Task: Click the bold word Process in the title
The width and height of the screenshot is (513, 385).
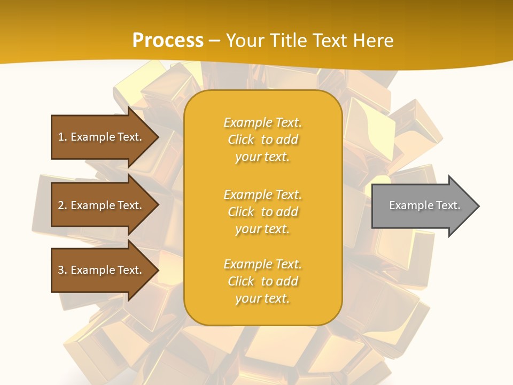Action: coord(168,41)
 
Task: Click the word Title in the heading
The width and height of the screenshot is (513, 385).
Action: coord(289,41)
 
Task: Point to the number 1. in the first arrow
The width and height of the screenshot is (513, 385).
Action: coord(63,137)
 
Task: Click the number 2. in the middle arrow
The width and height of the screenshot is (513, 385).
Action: coord(63,205)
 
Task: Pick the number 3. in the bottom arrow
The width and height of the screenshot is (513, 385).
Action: coord(63,270)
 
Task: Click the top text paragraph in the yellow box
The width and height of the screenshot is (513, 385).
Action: coord(262,140)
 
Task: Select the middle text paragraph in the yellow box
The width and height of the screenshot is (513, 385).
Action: coord(262,212)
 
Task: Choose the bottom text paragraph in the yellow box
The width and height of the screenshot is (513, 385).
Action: coord(262,281)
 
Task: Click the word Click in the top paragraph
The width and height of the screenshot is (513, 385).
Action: coord(241,140)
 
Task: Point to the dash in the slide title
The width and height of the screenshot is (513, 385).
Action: coord(214,41)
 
